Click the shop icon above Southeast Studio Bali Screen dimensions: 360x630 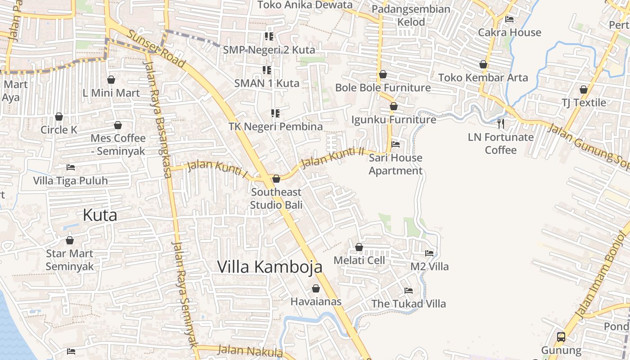click(x=276, y=179)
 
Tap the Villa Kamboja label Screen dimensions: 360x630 click(x=270, y=267)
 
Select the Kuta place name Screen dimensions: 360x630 click(x=100, y=215)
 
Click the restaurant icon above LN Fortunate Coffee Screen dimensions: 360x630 click(x=501, y=123)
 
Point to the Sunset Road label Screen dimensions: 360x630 click(x=156, y=49)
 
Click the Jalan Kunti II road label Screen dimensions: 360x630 click(x=332, y=157)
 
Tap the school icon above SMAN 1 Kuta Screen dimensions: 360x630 click(x=267, y=70)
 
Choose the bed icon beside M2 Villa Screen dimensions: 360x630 click(x=429, y=253)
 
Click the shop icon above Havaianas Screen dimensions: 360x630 click(x=316, y=288)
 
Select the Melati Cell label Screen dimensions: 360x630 click(x=359, y=260)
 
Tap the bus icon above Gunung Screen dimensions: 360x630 click(x=561, y=337)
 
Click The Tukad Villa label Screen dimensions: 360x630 click(x=409, y=304)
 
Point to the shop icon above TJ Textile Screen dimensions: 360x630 click(x=584, y=90)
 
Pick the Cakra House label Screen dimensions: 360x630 click(x=509, y=32)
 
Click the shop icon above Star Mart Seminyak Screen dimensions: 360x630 click(x=70, y=241)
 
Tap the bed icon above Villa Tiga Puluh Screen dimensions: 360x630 click(x=71, y=167)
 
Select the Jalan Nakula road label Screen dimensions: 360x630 click(x=250, y=351)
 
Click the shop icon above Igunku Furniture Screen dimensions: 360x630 click(x=394, y=107)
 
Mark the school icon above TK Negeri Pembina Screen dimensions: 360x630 click(x=275, y=113)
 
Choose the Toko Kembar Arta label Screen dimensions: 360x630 click(x=483, y=77)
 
